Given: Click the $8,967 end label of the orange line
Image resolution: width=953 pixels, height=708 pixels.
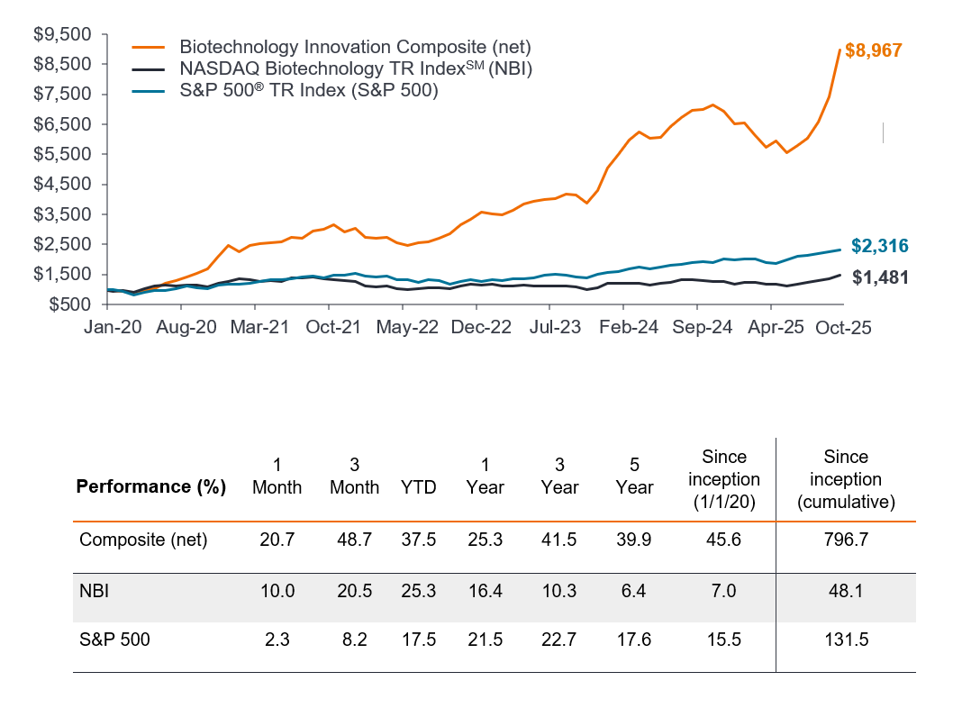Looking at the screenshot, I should click(873, 50).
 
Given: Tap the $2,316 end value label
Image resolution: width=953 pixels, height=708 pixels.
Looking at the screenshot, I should click(880, 246).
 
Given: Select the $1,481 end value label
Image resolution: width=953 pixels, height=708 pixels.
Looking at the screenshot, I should click(880, 277).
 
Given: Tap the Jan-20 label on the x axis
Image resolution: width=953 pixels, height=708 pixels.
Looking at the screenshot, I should click(112, 329).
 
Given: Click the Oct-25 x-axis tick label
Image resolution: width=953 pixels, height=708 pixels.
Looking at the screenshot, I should click(845, 329).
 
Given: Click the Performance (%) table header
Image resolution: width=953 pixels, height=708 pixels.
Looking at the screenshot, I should click(150, 487).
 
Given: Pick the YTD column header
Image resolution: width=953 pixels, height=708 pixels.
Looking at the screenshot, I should click(419, 487).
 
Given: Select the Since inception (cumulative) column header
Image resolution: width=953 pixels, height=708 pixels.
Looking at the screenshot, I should click(846, 478).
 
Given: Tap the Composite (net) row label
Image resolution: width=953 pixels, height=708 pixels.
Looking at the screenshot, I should click(143, 540).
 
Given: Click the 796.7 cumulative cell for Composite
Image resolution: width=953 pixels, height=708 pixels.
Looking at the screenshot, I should click(846, 540).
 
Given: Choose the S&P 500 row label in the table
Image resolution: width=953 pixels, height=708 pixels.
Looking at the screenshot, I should click(114, 640).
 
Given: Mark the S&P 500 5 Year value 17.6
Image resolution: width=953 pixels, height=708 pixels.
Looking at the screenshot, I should click(634, 640).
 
